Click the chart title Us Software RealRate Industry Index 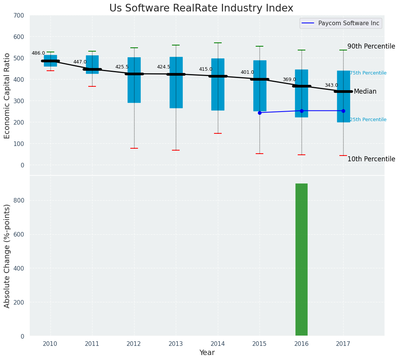tap(201, 8)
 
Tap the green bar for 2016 tap(301, 260)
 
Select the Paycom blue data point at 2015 tap(260, 113)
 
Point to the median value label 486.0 tap(38, 53)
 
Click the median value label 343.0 tap(331, 85)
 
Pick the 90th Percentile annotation tap(371, 46)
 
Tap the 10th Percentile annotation tap(371, 159)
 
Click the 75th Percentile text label tap(368, 73)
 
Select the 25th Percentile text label tap(368, 120)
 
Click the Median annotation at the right tap(365, 91)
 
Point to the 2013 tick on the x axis tap(176, 344)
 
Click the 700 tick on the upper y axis tap(19, 16)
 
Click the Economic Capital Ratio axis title tap(7, 96)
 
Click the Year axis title tap(207, 353)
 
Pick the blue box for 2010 tap(50, 64)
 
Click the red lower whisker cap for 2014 tap(218, 133)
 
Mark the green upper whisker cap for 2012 tap(134, 48)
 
